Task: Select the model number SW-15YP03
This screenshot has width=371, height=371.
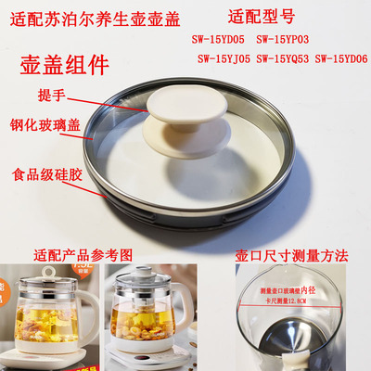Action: point(307,39)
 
